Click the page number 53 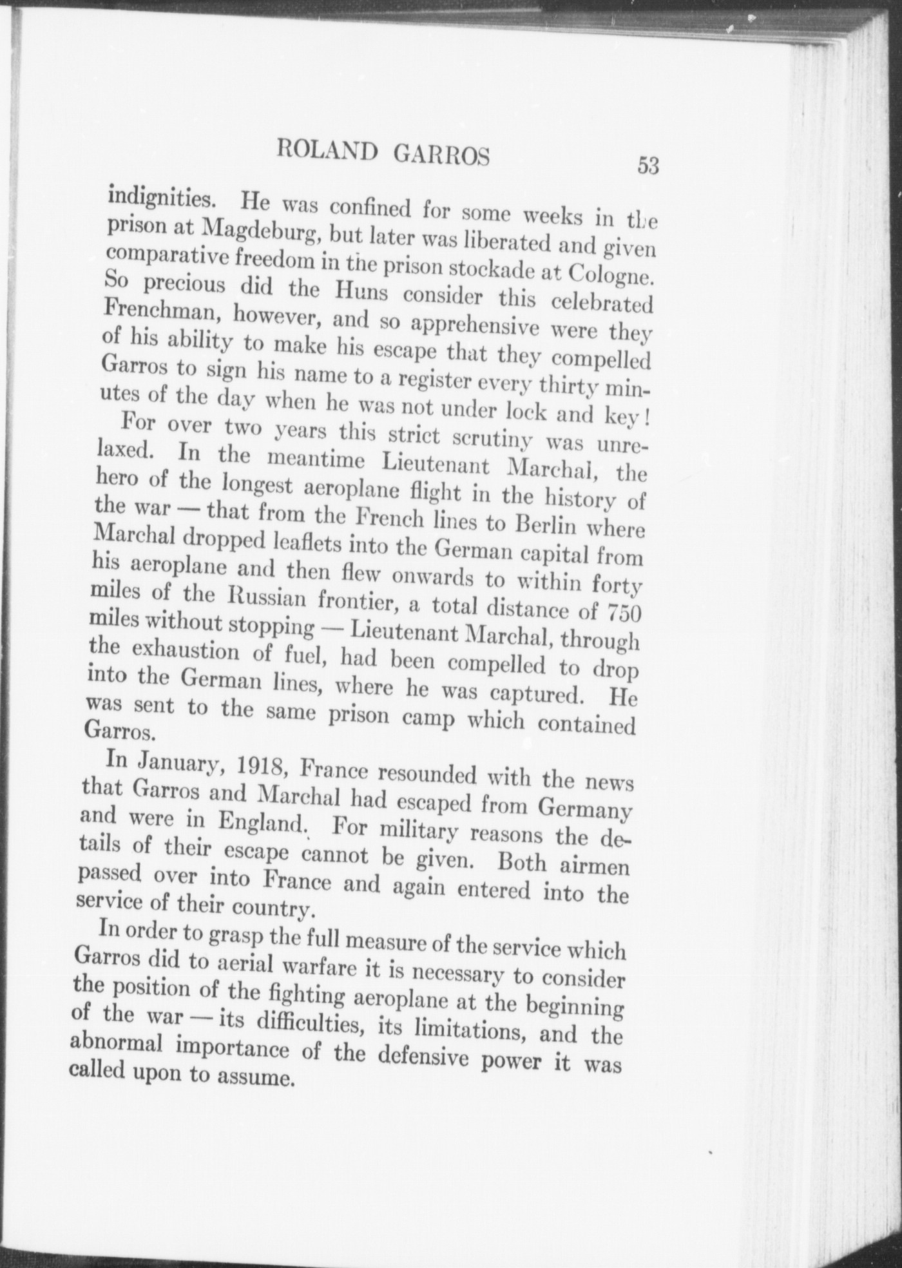click(x=648, y=166)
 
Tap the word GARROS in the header click(x=441, y=155)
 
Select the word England click(x=261, y=821)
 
